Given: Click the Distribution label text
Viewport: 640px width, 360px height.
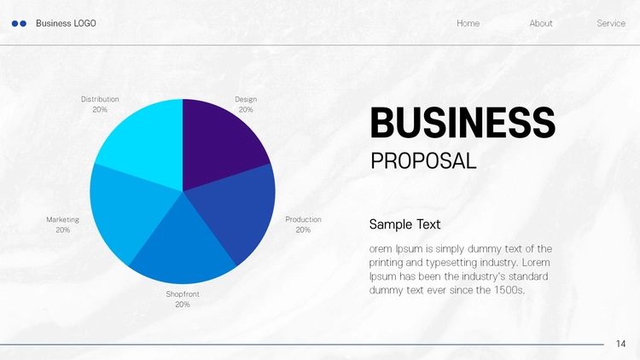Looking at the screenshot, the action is click(100, 99).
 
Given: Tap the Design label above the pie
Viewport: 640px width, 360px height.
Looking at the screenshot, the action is click(246, 100).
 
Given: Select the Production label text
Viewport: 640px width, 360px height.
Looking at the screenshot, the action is click(303, 219).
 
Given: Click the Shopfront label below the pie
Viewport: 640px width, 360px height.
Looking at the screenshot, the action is click(183, 294).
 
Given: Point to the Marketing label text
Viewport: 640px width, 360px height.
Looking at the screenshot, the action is click(63, 220).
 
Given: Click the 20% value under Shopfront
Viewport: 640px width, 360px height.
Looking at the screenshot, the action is click(183, 305).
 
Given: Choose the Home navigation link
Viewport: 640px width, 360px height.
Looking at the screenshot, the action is click(468, 23).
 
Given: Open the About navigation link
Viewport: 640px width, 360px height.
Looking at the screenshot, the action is click(541, 23).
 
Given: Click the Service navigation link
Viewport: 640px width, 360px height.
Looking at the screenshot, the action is click(611, 23).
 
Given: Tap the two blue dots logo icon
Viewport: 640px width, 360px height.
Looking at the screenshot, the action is click(19, 24).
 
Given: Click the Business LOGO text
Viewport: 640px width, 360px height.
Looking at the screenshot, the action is click(66, 23).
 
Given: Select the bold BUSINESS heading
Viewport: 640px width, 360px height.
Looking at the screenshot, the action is click(463, 123).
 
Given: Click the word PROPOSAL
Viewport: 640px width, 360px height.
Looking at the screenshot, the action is click(423, 161).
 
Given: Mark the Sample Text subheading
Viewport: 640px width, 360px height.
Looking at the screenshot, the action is click(404, 224).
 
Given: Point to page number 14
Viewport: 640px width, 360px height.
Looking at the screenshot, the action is click(621, 344).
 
